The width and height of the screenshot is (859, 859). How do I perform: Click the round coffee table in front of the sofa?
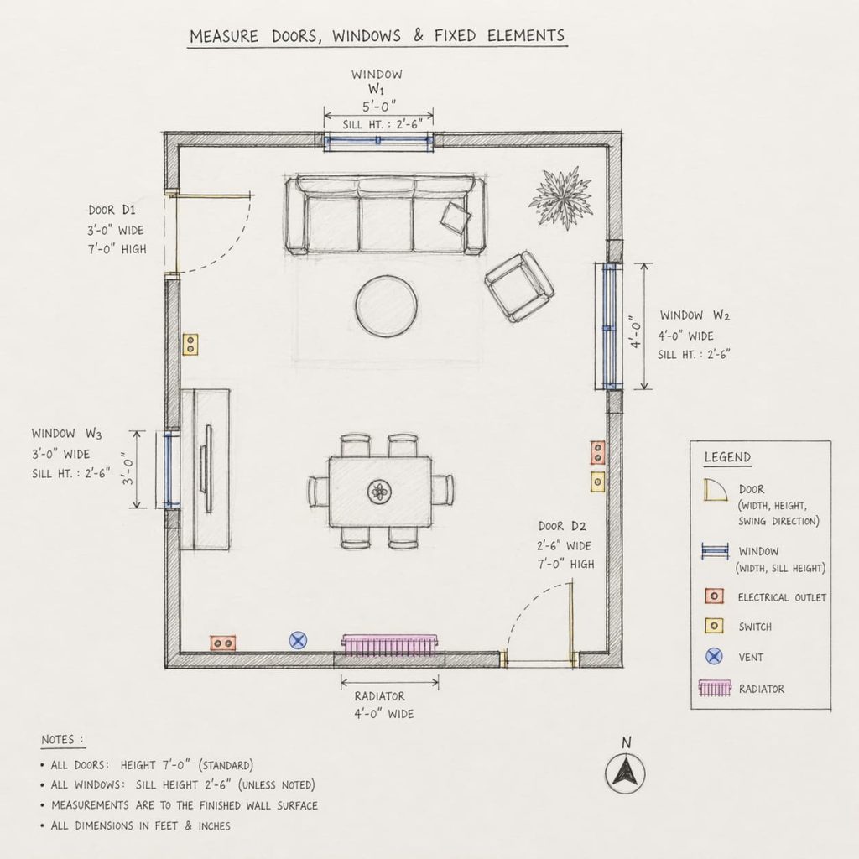coord(386,306)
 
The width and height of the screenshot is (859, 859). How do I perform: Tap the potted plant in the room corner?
coord(560,198)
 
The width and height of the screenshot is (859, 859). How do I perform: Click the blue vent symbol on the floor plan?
coord(298,640)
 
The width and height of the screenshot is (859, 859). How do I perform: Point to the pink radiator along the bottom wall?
coord(390,645)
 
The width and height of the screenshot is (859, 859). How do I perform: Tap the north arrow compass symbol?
coord(625,772)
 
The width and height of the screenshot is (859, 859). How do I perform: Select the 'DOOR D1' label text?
coord(112,210)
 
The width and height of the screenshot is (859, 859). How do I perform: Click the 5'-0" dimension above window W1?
coord(379,107)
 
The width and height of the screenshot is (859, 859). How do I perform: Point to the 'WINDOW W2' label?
coord(694,315)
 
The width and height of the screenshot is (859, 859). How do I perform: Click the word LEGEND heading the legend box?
coord(727,458)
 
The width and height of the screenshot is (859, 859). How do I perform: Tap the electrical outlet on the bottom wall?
coord(223,643)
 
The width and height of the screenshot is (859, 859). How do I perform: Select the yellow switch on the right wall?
coord(597,482)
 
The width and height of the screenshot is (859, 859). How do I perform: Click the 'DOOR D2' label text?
coord(561,526)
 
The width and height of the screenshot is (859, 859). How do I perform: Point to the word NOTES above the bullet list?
coord(63,740)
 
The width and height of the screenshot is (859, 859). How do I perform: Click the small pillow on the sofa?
coord(456,217)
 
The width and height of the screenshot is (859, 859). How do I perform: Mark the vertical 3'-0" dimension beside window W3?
coord(128,470)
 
